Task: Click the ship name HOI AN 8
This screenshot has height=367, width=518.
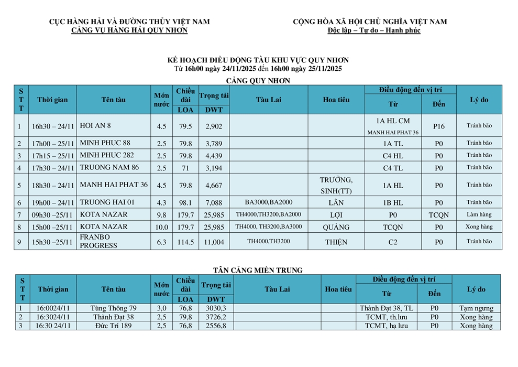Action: tap(96, 126)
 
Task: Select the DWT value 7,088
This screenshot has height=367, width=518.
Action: tap(214, 202)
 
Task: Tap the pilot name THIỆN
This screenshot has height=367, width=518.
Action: tap(336, 242)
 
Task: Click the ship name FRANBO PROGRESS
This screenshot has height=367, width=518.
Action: tap(99, 241)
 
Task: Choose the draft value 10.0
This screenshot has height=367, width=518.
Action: tap(162, 227)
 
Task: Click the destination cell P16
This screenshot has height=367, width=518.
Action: tap(439, 126)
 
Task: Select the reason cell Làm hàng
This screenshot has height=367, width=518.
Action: tap(479, 214)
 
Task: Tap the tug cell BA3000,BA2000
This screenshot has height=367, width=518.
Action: tap(269, 202)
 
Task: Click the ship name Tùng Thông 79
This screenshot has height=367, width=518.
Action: tap(113, 308)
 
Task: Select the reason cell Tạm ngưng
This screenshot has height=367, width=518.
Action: tap(476, 308)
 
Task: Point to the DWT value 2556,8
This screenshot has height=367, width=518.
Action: tap(216, 326)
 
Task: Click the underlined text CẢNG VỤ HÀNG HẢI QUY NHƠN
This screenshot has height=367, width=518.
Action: tap(129, 30)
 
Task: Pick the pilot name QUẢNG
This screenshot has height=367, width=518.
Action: tap(336, 227)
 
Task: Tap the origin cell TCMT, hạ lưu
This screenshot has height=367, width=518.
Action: tap(387, 326)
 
